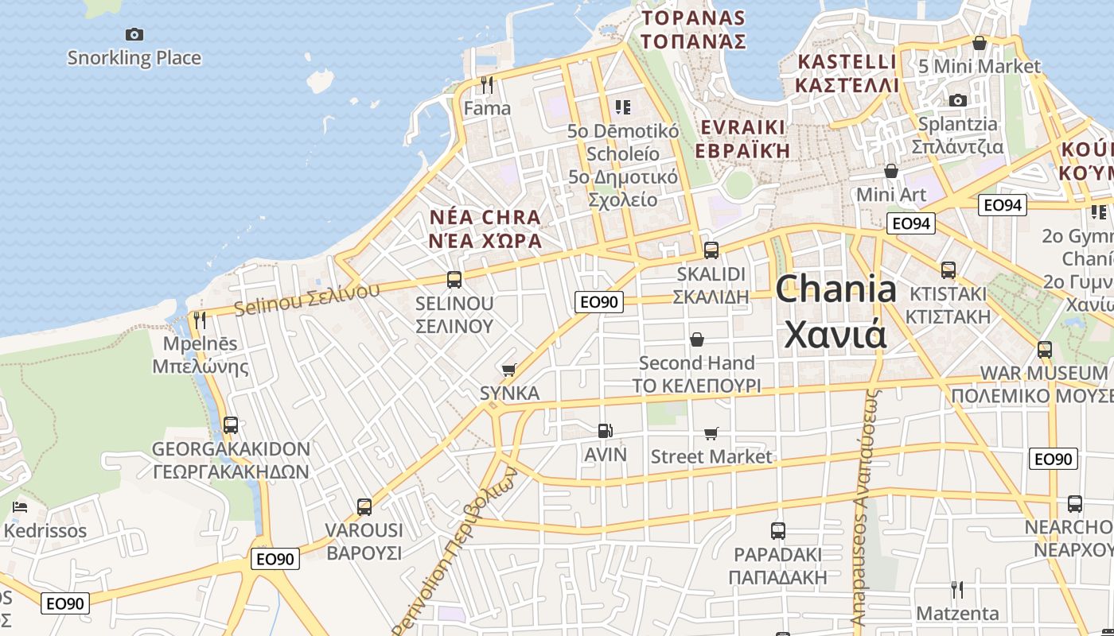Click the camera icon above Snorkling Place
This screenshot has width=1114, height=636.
tap(134, 34)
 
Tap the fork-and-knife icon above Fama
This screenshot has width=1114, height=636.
tap(487, 84)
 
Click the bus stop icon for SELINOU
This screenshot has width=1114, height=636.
tap(454, 280)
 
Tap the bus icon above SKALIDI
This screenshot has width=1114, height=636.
tap(711, 250)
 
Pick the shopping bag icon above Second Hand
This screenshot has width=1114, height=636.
tap(697, 339)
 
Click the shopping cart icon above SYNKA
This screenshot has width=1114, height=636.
tap(509, 370)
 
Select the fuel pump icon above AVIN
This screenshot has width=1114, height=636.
tap(606, 431)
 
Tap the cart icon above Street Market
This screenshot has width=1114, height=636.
tap(711, 433)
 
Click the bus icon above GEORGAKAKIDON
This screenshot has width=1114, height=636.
tap(231, 425)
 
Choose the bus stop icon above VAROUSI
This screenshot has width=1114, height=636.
tap(364, 506)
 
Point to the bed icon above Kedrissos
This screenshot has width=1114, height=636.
tap(20, 507)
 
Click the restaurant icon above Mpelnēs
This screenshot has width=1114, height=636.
tap(200, 320)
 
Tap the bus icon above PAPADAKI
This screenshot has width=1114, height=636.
tap(778, 530)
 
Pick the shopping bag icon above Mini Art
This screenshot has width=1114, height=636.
tap(891, 171)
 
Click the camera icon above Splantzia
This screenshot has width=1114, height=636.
tap(958, 100)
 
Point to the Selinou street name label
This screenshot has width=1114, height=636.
tap(307, 297)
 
